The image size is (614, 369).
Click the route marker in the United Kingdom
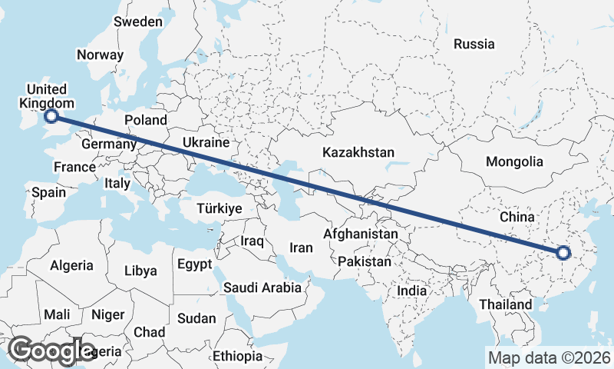pyautogui.click(x=51, y=116)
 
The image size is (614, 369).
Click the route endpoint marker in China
pyautogui.click(x=563, y=253)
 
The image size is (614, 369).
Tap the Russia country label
pyautogui.click(x=474, y=44)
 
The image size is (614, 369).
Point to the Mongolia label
pyautogui.click(x=514, y=162)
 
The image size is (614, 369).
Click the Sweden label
pyautogui.click(x=138, y=22)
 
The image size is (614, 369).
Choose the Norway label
pyautogui.click(x=100, y=55)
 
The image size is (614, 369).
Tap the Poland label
pyautogui.click(x=146, y=120)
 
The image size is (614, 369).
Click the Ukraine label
pyautogui.click(x=206, y=143)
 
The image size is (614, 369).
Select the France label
pyautogui.click(x=74, y=167)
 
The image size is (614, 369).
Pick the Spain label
pyautogui.click(x=48, y=193)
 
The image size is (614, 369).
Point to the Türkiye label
pyautogui.click(x=220, y=208)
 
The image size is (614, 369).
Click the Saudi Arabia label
pyautogui.click(x=262, y=288)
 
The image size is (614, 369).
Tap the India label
pyautogui.click(x=411, y=291)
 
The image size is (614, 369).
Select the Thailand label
pyautogui.click(x=507, y=304)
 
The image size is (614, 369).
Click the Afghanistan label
pyautogui.click(x=361, y=234)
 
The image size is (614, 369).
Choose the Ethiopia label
pyautogui.click(x=238, y=357)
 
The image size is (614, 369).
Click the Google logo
pyautogui.click(x=52, y=351)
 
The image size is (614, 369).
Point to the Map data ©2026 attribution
pyautogui.click(x=549, y=357)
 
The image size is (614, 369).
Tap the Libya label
pyautogui.click(x=140, y=271)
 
